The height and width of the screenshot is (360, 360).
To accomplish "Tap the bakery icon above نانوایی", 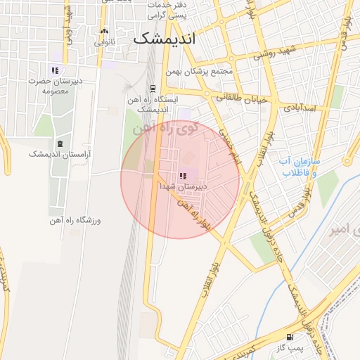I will click(x=105, y=31).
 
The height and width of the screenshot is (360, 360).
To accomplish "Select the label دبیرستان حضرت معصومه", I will click(x=55, y=86).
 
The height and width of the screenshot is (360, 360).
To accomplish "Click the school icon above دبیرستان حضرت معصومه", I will click(x=55, y=70).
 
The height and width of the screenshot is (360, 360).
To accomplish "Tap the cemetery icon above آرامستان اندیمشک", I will click(x=59, y=143).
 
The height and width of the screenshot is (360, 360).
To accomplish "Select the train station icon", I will click(x=152, y=89).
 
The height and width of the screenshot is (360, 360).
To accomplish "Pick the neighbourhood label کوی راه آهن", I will click(x=188, y=130).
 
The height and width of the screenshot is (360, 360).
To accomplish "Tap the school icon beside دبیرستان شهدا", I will click(x=183, y=176).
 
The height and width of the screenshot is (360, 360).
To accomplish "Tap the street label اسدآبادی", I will click(x=302, y=108).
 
